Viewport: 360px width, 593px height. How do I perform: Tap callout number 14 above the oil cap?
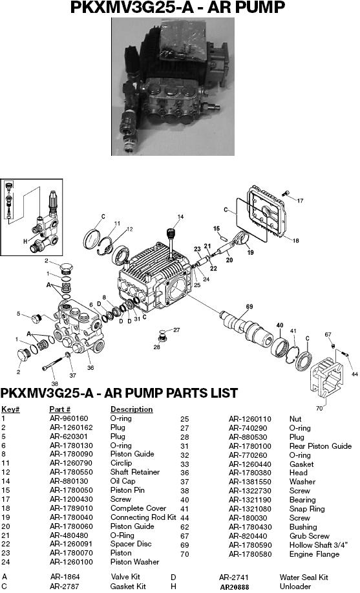pos(180,216)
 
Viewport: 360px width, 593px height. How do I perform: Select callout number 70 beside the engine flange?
pos(319,408)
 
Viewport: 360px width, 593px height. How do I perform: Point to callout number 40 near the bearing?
pos(280,325)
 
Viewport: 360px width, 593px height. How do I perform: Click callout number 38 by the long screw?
pos(54,383)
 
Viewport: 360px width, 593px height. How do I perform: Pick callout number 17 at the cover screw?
pos(300,200)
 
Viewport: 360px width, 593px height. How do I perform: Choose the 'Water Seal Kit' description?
pos(304,577)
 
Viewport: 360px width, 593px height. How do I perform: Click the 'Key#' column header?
pos(10,409)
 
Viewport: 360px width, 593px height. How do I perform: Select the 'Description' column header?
pos(131,409)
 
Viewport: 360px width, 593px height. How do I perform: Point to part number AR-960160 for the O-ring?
pos(69,418)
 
